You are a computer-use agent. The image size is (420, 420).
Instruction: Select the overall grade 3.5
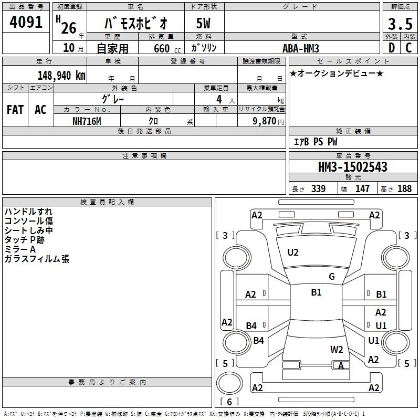coord(400,24)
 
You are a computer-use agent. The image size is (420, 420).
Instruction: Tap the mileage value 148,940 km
coord(61,76)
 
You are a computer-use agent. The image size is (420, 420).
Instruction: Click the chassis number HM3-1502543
coord(353,167)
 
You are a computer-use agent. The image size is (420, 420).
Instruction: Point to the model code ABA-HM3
coord(301,48)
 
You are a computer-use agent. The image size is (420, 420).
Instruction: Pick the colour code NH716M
coord(87,121)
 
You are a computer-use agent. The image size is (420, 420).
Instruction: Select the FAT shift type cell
coord(15,109)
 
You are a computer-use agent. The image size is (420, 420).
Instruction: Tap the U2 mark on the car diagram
coord(293,253)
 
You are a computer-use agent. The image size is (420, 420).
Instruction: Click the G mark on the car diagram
coord(332,277)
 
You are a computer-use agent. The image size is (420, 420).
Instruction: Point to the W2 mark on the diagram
coord(337,349)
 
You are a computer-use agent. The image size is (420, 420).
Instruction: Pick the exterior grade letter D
coord(391,48)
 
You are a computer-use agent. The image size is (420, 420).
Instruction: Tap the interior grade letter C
coord(408,48)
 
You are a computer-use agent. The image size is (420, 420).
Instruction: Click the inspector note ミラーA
coord(20,249)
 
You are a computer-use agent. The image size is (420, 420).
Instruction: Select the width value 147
coord(362,189)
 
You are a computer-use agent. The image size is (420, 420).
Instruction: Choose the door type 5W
coord(204,24)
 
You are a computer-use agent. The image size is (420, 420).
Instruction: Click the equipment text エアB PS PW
coord(315,142)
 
